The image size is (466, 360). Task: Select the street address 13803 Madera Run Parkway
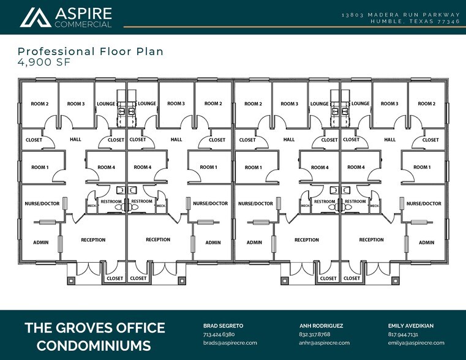400,14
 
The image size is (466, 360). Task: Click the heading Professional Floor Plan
91,51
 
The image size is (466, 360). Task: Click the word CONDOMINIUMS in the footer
94,346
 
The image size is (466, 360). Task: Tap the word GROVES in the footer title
89,328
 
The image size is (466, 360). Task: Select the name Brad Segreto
224,326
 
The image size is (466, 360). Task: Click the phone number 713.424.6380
219,335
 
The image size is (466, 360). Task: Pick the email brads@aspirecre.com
230,343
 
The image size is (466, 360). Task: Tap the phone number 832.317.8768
315,335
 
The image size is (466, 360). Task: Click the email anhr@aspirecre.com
324,343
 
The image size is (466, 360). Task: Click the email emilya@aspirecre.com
416,343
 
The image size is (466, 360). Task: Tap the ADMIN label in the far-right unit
426,242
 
